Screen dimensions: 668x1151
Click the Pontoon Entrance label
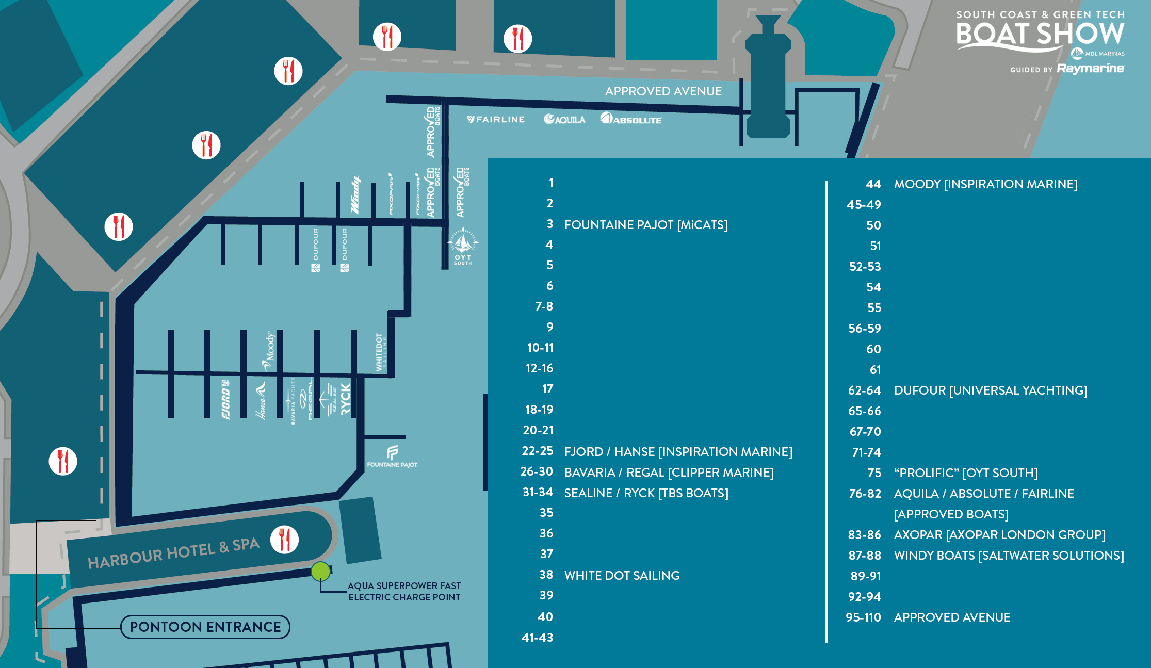[205, 627]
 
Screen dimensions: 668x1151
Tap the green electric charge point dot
[320, 572]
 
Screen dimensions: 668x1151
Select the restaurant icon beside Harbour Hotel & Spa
[284, 540]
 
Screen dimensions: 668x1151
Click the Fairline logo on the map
[496, 120]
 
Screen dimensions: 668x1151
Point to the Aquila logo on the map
[564, 120]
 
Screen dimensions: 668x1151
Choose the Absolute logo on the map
[630, 119]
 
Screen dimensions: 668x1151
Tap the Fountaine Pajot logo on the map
[392, 457]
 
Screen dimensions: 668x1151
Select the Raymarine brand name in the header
[1090, 69]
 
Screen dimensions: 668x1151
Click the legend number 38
[546, 575]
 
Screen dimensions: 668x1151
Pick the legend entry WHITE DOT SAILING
[622, 576]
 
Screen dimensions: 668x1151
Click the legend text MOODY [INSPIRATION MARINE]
[985, 184]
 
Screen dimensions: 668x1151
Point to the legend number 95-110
[863, 617]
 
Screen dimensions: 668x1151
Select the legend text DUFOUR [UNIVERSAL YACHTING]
[991, 390]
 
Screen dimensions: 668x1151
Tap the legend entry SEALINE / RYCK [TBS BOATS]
[646, 493]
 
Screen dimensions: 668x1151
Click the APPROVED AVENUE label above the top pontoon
[663, 91]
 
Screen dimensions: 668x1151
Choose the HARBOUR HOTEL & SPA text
[173, 552]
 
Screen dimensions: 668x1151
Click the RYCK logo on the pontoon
[346, 399]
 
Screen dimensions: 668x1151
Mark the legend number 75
[874, 473]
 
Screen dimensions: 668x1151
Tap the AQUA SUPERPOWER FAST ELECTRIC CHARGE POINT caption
[404, 592]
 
